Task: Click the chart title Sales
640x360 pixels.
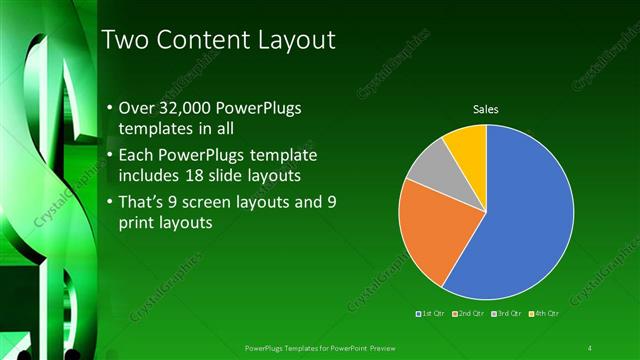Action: point(486,109)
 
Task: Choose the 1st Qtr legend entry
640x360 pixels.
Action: point(432,314)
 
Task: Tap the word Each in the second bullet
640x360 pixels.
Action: point(137,157)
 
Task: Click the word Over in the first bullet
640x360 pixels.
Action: point(137,108)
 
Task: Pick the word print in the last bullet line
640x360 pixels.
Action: point(139,224)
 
